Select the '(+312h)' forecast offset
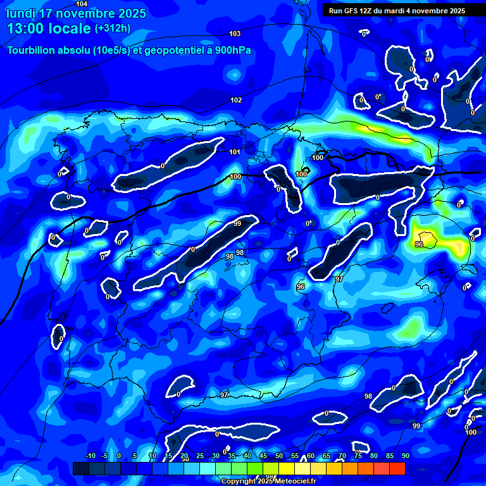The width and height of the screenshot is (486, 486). [113, 28]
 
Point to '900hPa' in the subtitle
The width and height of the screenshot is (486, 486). [232, 51]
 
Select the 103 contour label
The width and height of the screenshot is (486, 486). [235, 34]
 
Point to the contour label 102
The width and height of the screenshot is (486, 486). [236, 100]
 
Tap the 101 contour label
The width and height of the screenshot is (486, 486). [235, 152]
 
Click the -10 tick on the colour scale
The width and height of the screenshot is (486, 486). [90, 456]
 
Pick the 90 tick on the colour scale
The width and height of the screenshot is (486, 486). [405, 456]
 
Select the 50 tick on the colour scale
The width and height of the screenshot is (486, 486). [279, 456]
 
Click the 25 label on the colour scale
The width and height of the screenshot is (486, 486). [200, 456]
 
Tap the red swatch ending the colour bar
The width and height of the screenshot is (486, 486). [397, 468]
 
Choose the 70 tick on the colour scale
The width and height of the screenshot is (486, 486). [342, 456]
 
